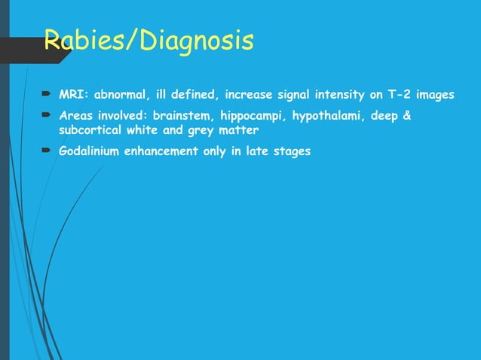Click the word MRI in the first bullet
[x=72, y=96]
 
